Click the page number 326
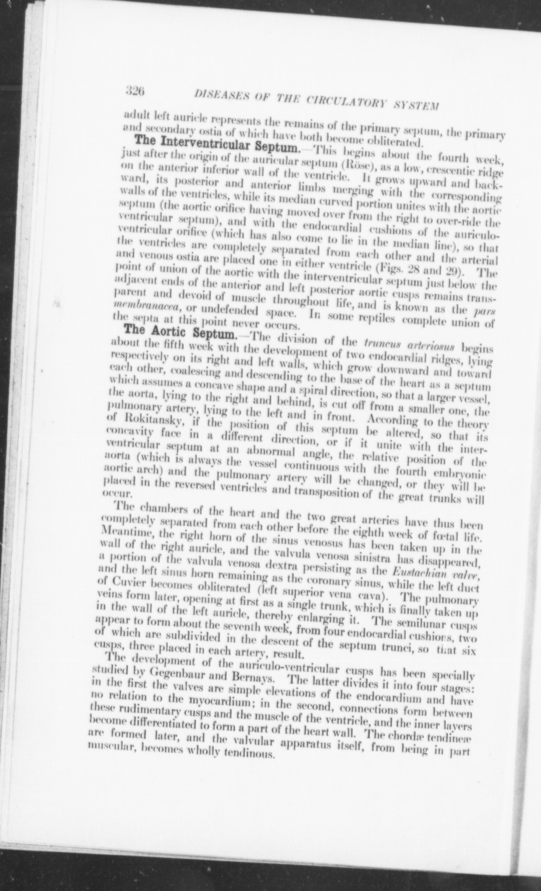pyautogui.click(x=136, y=91)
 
